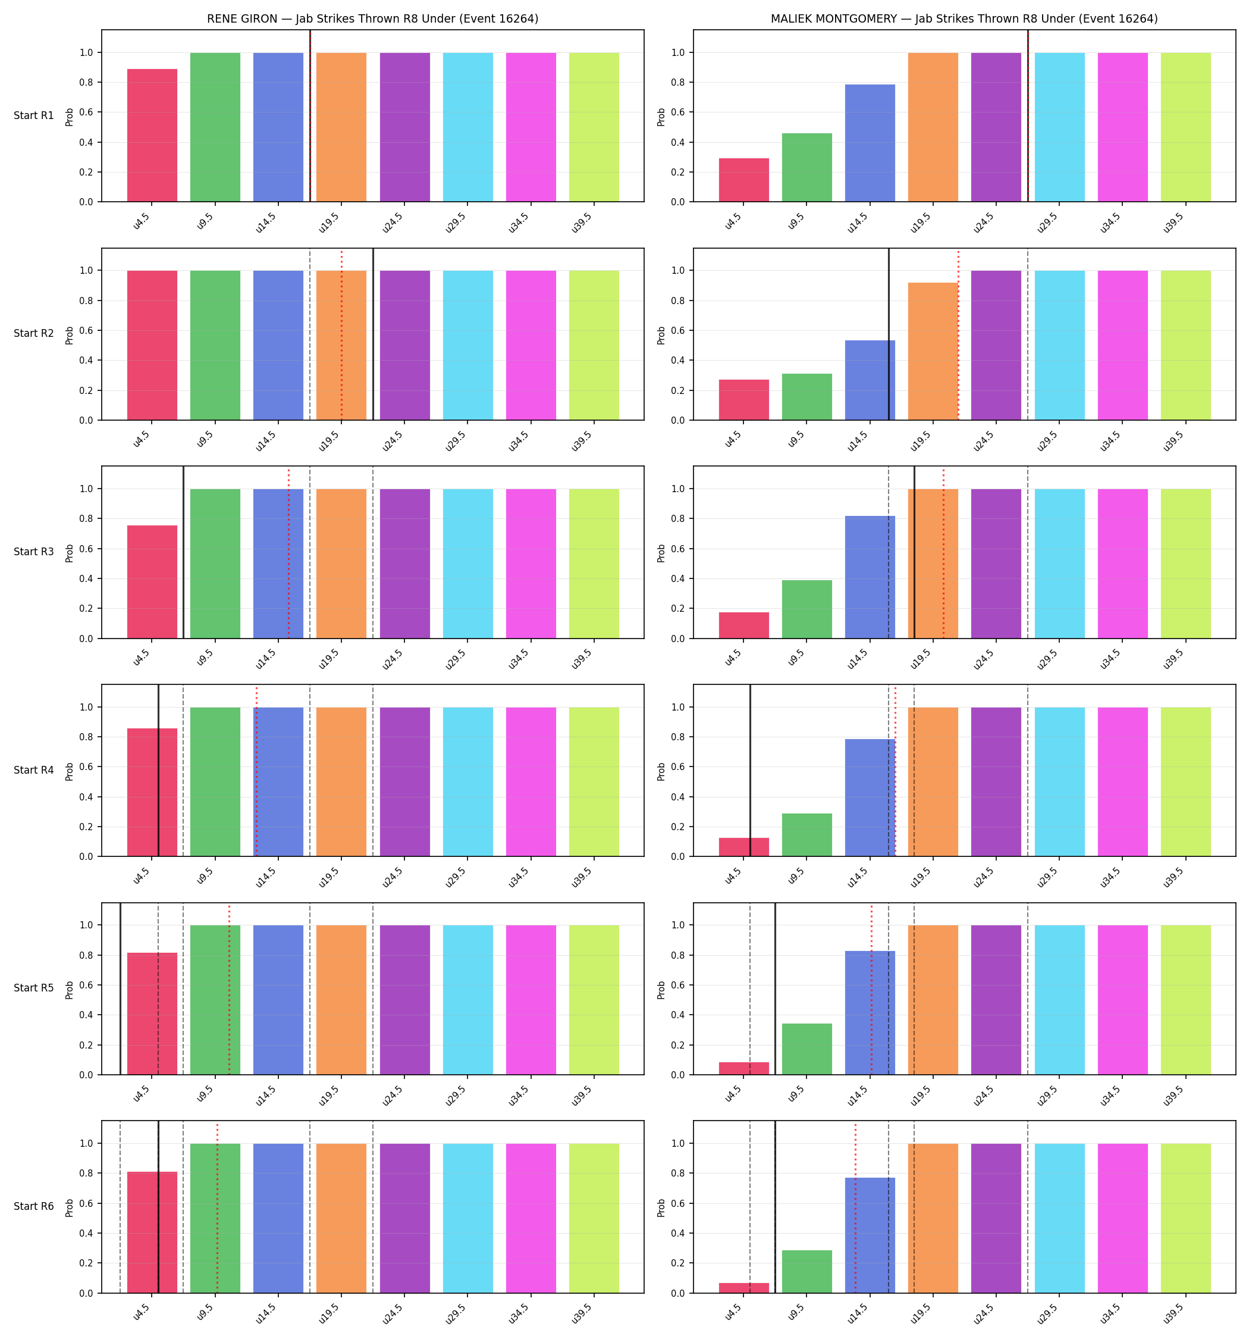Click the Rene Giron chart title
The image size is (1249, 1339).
click(372, 19)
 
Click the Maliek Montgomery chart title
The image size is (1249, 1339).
click(964, 19)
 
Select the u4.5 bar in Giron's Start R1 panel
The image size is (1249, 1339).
click(152, 135)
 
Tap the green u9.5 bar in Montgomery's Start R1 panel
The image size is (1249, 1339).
click(806, 168)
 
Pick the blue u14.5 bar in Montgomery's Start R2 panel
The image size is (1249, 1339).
click(870, 380)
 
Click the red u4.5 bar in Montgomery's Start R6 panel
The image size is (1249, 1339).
click(743, 1288)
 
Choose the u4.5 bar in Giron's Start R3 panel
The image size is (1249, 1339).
click(152, 582)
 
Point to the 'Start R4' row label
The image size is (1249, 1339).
click(34, 770)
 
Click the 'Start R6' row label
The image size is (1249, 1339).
click(34, 1206)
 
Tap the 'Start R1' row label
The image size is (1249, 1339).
click(34, 115)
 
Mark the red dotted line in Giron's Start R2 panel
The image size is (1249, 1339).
click(341, 334)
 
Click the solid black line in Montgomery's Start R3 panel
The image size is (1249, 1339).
click(914, 552)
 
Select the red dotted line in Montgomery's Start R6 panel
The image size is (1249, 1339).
click(855, 1207)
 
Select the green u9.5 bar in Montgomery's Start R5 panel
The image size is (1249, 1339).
click(806, 1049)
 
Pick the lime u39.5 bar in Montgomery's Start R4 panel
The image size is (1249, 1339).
click(1186, 782)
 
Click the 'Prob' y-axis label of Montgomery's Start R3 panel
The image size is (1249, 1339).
click(661, 553)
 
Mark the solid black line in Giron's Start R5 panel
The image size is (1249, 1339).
click(121, 988)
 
